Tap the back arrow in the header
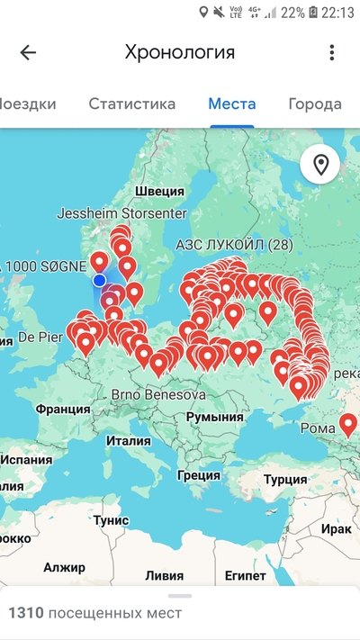tap(28, 52)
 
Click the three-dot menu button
tap(332, 52)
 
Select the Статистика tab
tap(131, 104)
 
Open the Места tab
tap(232, 104)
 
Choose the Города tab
tap(315, 104)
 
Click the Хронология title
tap(180, 52)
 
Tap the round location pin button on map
tap(320, 165)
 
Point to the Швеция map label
tap(159, 191)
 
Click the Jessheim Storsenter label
tap(121, 214)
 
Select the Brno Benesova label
tap(158, 394)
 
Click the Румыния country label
tap(215, 418)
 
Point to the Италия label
tap(128, 441)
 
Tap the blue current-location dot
tap(99, 280)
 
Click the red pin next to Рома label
tap(347, 421)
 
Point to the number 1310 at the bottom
tap(25, 613)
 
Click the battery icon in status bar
tap(312, 13)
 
